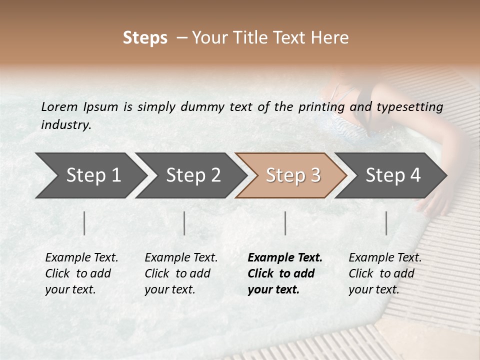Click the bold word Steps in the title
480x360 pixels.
(x=145, y=38)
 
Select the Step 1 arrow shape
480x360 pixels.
(x=90, y=175)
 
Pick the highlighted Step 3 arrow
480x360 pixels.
(x=291, y=175)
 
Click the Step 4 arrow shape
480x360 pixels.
(x=391, y=175)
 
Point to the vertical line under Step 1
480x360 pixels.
(x=84, y=223)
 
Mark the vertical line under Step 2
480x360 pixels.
(x=184, y=223)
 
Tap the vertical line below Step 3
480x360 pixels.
(x=285, y=223)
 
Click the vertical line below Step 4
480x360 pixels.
(x=386, y=223)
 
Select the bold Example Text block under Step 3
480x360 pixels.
(x=285, y=273)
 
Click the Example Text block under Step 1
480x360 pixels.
(x=81, y=273)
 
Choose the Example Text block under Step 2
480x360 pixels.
(x=181, y=273)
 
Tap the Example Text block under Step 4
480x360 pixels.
(x=385, y=273)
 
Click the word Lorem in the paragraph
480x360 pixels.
(x=59, y=107)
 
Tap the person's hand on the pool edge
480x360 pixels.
(x=433, y=202)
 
